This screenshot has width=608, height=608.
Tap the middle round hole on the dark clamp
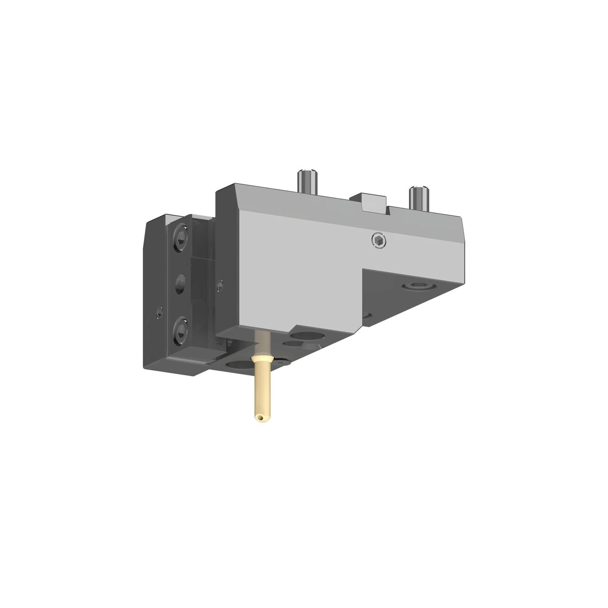(181, 285)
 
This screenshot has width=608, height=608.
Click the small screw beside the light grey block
(219, 285)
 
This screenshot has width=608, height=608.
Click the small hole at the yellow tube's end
(259, 418)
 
